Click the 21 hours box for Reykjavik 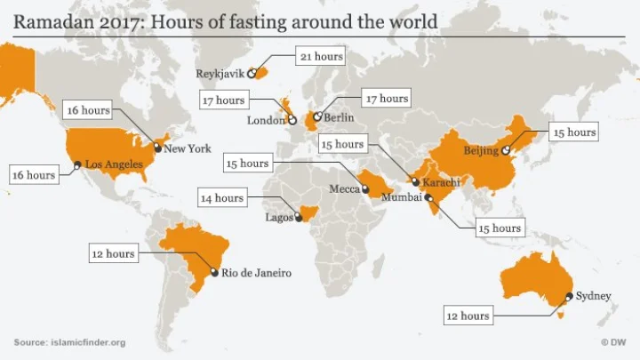coord(320,57)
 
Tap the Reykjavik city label coord(220,74)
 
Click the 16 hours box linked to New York coord(89,110)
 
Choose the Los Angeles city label coord(114,164)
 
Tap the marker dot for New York coord(158,148)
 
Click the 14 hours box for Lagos coord(222,198)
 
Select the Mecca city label coord(344,189)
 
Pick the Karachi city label coord(442,182)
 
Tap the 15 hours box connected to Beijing coord(573,132)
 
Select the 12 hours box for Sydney coord(468,315)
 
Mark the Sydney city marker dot coord(569,297)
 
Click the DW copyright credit coord(615,342)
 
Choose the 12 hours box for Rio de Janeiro coord(113,253)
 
